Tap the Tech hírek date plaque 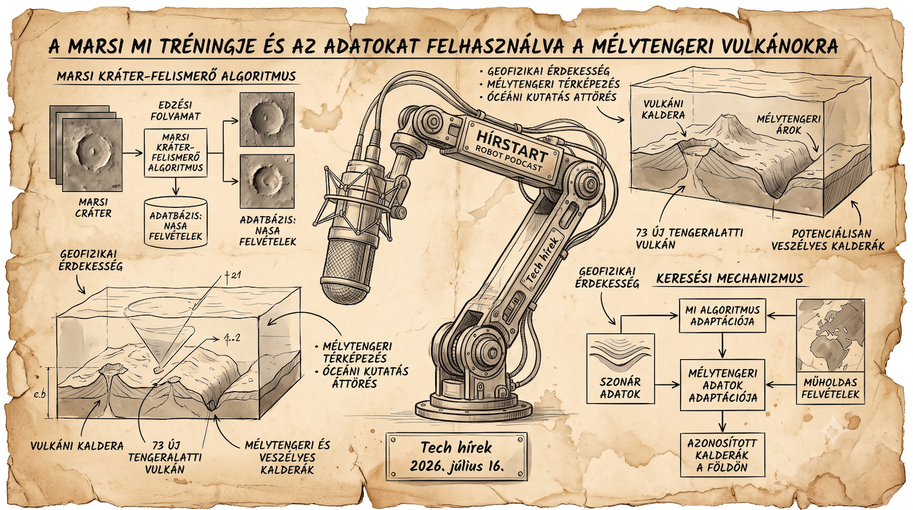[457, 456]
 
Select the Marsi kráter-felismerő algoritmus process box [176, 153]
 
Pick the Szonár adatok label [620, 388]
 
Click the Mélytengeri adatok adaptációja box [723, 384]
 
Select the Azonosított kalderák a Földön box [723, 455]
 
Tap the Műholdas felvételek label [830, 388]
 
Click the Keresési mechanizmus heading [730, 279]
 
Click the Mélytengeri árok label [788, 124]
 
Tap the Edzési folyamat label [176, 110]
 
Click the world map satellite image [830, 335]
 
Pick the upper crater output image [267, 119]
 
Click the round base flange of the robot [473, 409]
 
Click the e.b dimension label [39, 394]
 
